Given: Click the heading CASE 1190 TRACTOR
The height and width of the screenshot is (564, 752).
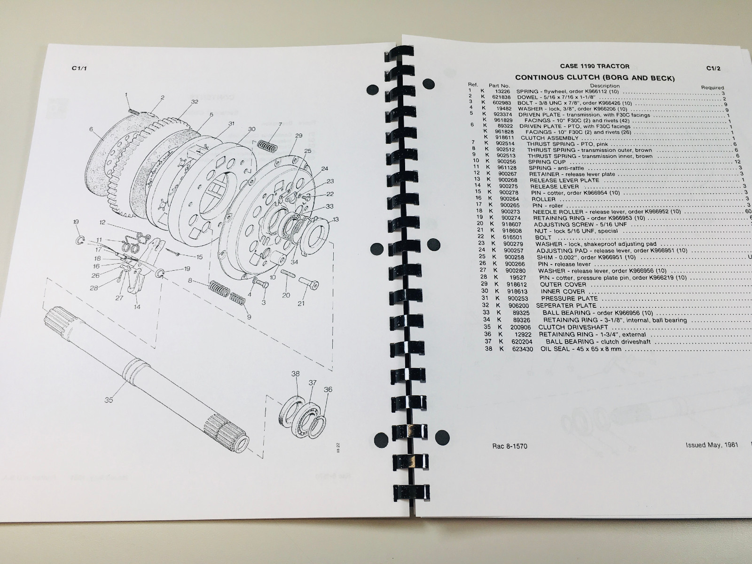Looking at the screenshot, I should [x=595, y=66].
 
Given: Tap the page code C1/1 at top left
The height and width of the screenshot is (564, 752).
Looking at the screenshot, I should [x=78, y=68].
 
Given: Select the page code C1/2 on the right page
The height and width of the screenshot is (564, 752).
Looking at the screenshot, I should [x=713, y=68].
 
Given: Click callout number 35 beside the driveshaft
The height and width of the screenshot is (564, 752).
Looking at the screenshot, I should [x=109, y=400].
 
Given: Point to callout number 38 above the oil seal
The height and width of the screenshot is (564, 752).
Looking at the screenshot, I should [x=295, y=374].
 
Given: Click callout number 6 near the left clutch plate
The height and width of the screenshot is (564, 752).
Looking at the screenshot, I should [x=91, y=130].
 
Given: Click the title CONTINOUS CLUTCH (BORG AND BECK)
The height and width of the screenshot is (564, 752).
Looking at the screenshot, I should [x=595, y=78].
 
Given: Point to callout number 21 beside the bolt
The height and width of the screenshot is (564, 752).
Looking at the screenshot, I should [x=301, y=303].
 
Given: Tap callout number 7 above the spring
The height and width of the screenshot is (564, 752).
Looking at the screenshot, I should [x=280, y=125].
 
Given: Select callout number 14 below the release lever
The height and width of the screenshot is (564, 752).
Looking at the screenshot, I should [x=137, y=307].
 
